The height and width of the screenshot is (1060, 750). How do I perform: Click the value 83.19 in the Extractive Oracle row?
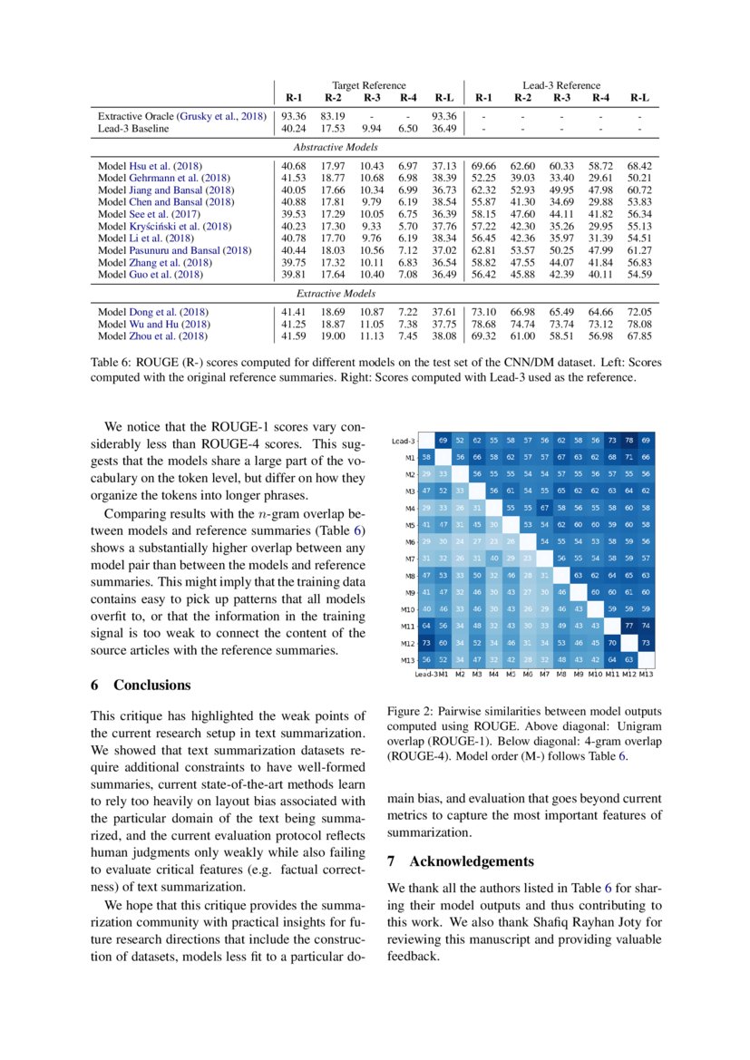[x=333, y=116]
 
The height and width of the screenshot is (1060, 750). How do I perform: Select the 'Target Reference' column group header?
[x=368, y=84]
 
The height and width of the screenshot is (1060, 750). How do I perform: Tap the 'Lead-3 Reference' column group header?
[x=561, y=84]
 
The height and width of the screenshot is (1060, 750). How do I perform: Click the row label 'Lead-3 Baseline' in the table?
[x=133, y=129]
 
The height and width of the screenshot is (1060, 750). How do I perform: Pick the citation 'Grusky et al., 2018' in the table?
[x=220, y=116]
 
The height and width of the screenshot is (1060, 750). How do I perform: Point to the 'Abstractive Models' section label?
[x=336, y=147]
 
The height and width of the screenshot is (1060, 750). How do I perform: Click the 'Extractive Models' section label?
[x=336, y=295]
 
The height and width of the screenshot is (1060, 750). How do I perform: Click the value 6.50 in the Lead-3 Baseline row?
[x=407, y=129]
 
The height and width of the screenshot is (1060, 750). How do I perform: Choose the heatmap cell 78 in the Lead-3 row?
[x=629, y=440]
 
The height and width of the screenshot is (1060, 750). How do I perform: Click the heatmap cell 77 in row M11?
[x=629, y=625]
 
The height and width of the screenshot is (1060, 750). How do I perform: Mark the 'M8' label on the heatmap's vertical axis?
[x=410, y=575]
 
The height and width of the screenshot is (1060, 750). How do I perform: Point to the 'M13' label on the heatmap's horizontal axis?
[x=646, y=674]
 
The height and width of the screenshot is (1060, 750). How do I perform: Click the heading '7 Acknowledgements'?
[x=457, y=861]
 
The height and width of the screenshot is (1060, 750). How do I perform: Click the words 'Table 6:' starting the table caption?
[x=114, y=361]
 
